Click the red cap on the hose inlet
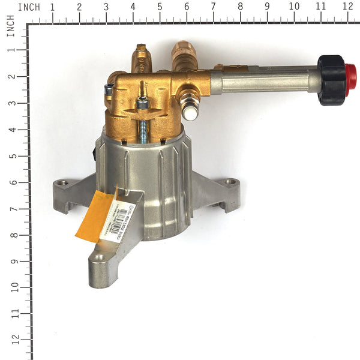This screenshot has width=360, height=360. tap(350, 80)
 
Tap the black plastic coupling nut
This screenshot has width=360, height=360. tap(331, 80)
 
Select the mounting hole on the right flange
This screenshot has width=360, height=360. tap(230, 182)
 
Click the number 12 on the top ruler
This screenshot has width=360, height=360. tap(347, 7)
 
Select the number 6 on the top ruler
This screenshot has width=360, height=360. tap(187, 7)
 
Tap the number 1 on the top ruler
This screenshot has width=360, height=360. tap(52, 7)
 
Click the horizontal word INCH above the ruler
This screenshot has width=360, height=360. tap(29, 7)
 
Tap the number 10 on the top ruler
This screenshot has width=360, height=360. tap(293, 7)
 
